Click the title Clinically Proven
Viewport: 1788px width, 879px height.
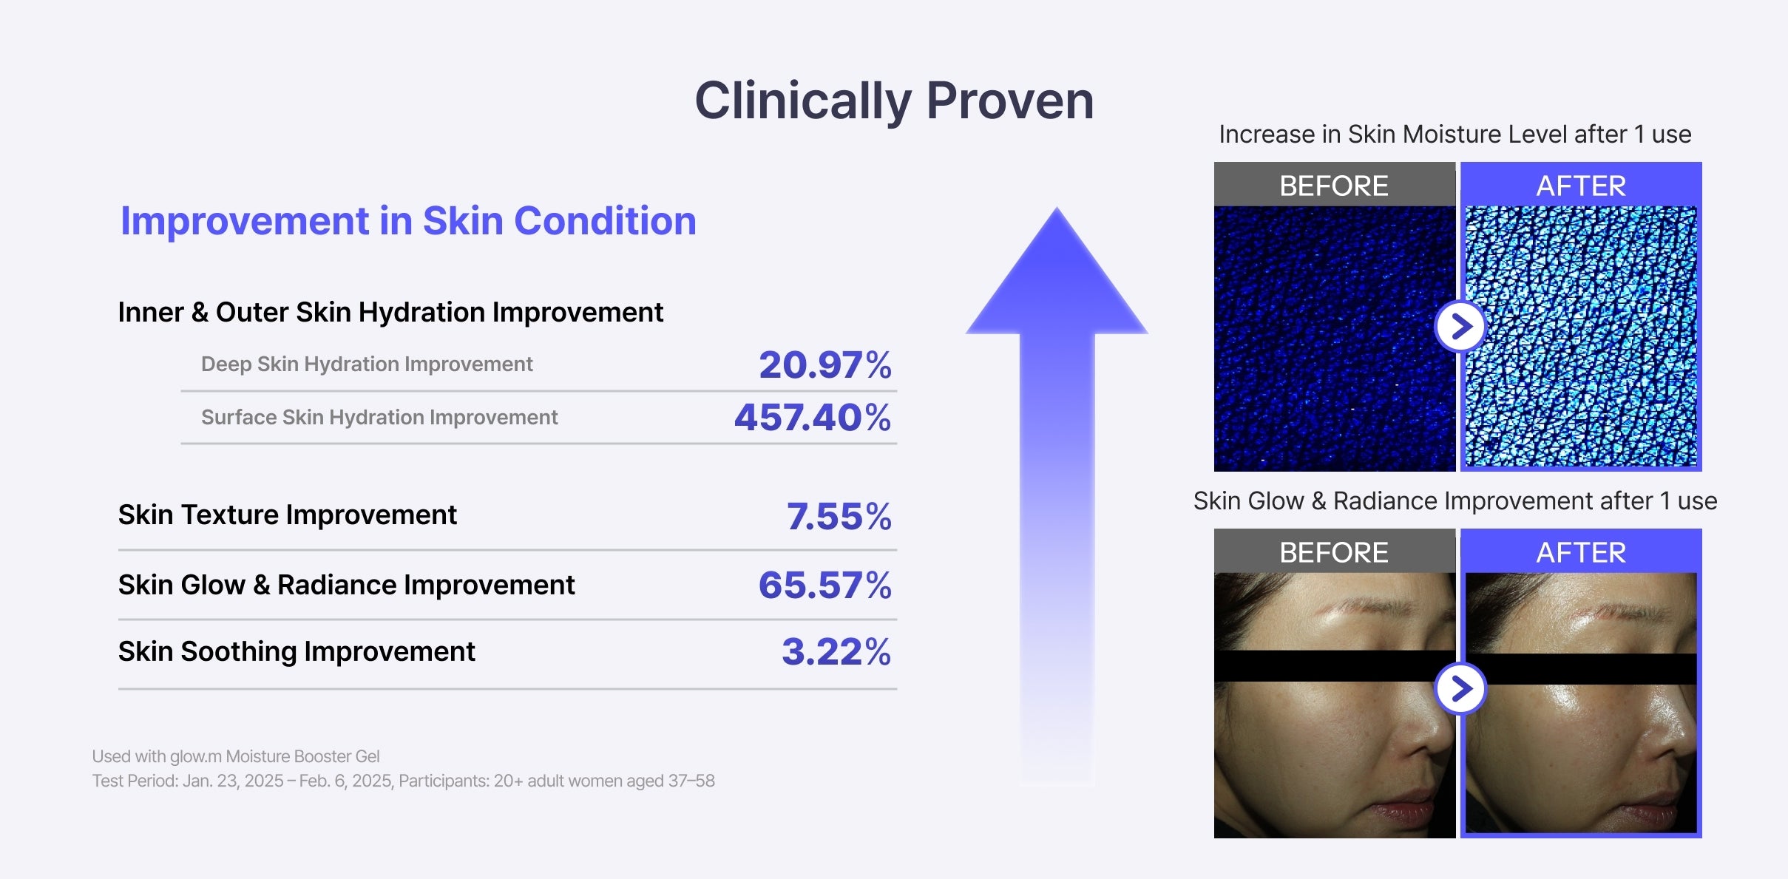894,101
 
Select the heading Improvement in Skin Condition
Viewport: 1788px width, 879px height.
408,220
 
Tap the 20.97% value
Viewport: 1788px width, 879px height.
825,364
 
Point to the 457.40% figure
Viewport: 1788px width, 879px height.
813,417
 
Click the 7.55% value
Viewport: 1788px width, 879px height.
839,516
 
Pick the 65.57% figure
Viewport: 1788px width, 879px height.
825,585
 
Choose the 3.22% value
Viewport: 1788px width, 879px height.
836,651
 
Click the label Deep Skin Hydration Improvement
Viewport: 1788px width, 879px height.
367,364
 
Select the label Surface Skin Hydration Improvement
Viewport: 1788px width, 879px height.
379,417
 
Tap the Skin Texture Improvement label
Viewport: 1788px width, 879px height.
288,515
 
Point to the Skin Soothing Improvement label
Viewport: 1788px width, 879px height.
297,651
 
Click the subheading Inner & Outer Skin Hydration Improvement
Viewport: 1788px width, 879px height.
390,312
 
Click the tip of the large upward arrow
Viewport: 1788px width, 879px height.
1057,208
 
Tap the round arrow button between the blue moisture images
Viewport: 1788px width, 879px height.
1460,326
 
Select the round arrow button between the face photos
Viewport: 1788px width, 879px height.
1460,689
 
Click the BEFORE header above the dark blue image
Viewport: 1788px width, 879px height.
1334,186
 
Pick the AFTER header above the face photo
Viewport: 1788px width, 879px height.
1581,552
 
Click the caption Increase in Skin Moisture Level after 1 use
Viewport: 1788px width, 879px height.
1455,134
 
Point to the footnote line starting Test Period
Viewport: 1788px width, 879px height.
403,781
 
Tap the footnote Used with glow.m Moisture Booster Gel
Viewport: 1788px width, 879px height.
236,756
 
